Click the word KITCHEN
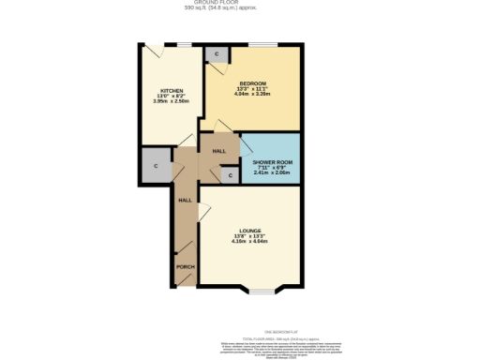coord(171,91)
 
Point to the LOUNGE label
coord(249,231)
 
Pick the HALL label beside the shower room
coord(219,150)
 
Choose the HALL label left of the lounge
coord(185,200)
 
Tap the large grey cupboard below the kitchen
coord(156,166)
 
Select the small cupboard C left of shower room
coord(231,175)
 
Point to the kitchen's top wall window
coord(187,44)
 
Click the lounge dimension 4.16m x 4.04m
coord(249,242)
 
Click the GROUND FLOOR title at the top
coord(240,4)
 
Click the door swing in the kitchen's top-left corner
coord(150,47)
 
